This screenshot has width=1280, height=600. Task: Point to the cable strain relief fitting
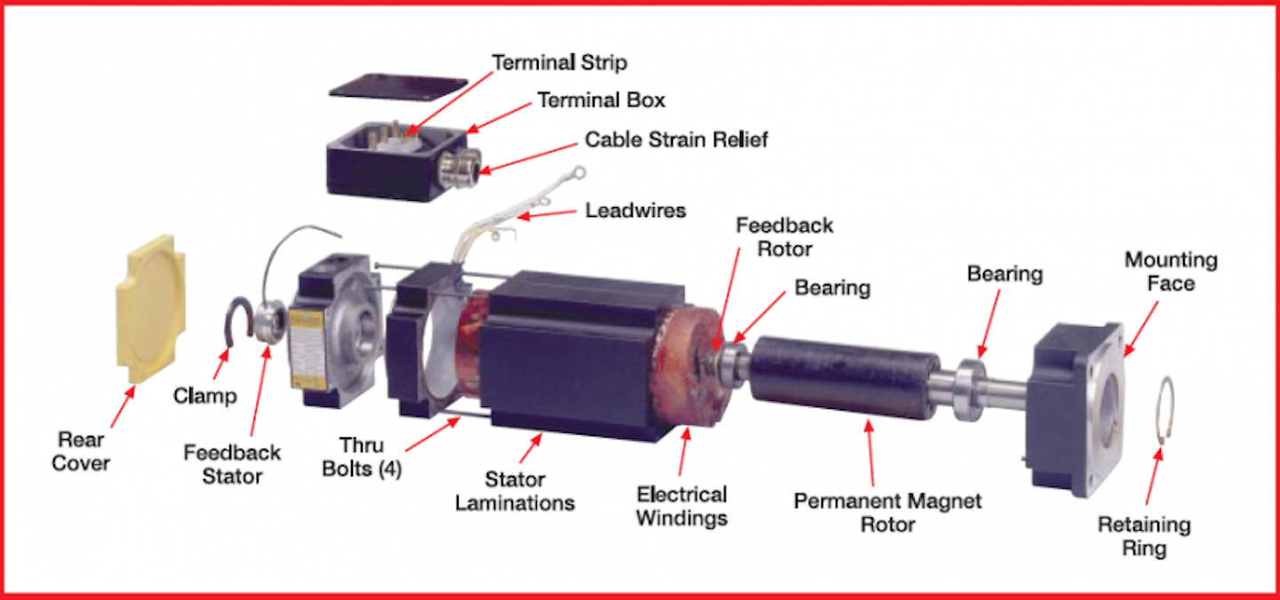464,166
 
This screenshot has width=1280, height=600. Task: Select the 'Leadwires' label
636,212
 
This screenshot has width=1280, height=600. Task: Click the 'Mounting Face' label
1171,271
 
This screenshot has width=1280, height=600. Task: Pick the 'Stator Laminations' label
515,492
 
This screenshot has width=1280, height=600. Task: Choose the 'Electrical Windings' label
682,506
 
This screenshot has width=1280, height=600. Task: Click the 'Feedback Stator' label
232,463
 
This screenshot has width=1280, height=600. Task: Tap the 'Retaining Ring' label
1144,536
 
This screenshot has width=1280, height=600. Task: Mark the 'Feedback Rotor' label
784,236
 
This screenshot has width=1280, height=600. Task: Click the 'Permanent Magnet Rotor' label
887,512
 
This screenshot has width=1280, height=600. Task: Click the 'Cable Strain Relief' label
676,140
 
